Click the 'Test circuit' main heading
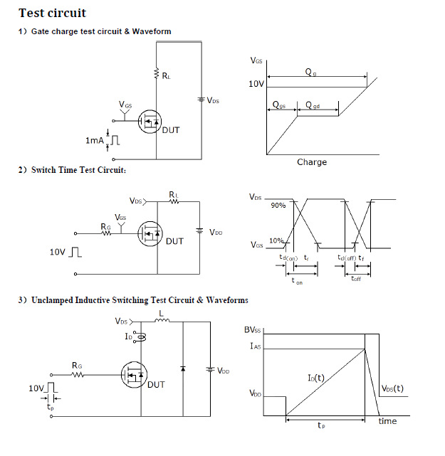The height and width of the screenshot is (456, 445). [x=52, y=13]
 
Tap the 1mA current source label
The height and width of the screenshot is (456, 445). [x=94, y=141]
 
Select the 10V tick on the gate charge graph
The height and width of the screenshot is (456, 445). [x=256, y=84]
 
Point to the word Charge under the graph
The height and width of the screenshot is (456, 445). [x=311, y=162]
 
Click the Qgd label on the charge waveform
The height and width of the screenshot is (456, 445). [x=313, y=105]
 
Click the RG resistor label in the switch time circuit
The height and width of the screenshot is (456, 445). [x=105, y=227]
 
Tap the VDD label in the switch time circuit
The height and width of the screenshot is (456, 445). [x=216, y=233]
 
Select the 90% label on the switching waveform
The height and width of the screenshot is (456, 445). [x=278, y=206]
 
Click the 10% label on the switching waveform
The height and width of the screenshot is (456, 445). [x=278, y=240]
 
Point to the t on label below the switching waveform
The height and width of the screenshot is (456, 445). [x=298, y=282]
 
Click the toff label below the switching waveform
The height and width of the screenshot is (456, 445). [x=355, y=278]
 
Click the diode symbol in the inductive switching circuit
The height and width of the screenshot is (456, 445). [x=183, y=368]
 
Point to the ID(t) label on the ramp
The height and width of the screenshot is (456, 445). [x=316, y=378]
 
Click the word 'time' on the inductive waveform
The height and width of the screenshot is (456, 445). [x=387, y=421]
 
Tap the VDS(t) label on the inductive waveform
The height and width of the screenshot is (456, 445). [x=393, y=388]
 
